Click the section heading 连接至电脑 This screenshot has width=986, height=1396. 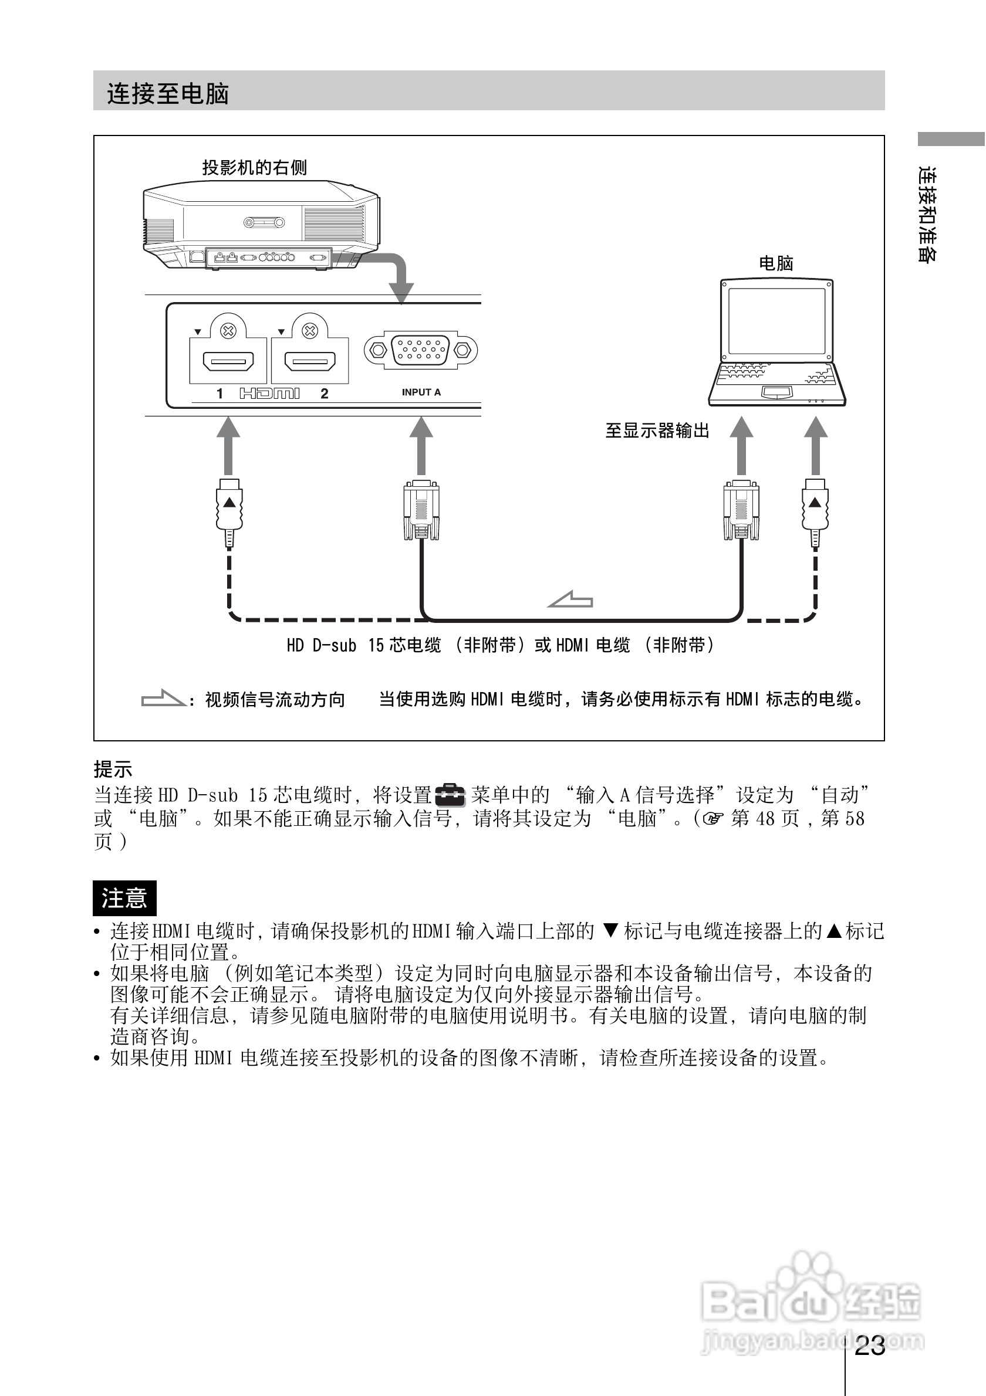pos(168,94)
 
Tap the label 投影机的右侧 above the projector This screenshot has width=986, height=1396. pos(254,167)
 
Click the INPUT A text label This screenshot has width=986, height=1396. pos(421,392)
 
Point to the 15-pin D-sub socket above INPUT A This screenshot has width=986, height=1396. pos(420,350)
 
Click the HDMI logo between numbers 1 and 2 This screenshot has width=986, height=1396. pos(269,394)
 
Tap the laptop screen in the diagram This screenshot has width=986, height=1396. pos(776,320)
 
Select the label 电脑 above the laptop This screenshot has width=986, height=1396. pos(776,263)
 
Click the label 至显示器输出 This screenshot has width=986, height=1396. pos(657,431)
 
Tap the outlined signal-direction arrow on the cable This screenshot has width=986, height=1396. pos(570,599)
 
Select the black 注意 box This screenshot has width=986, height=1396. pos(124,897)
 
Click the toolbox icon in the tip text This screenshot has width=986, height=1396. pos(450,795)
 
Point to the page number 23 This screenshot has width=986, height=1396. pos(869,1346)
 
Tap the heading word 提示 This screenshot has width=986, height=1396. pos(113,769)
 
